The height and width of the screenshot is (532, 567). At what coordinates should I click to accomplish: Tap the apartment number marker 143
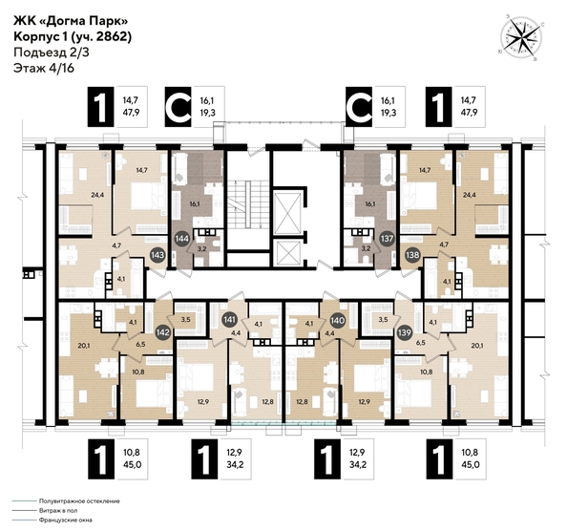tap(158, 255)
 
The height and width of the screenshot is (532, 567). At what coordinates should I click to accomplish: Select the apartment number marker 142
tap(163, 332)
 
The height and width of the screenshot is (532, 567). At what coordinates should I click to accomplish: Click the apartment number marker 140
tap(336, 322)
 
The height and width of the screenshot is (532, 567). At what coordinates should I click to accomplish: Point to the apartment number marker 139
tap(403, 332)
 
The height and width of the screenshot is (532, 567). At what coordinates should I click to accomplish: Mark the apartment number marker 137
tap(388, 238)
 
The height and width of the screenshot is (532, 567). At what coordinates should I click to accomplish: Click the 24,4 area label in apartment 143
tap(71, 194)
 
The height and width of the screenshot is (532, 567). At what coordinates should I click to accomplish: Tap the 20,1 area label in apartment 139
tap(477, 346)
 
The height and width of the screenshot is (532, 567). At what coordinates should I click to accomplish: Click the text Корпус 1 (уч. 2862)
tap(73, 36)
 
